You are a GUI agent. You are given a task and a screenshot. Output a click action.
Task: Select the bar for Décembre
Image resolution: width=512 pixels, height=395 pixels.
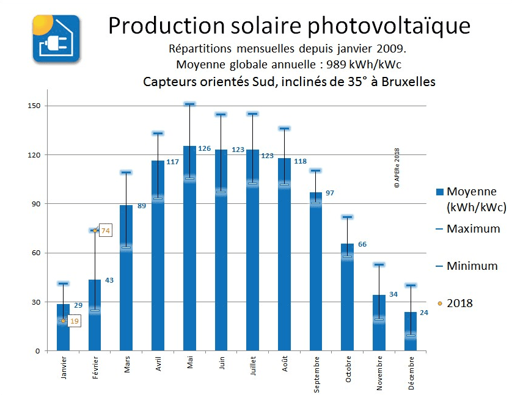pos(410,333)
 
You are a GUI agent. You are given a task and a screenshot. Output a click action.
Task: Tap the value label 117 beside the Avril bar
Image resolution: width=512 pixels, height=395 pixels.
pos(173,162)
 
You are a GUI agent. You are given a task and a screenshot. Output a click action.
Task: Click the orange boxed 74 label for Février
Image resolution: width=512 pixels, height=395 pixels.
pos(105,231)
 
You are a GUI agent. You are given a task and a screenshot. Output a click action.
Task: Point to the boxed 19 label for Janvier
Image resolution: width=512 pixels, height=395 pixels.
pos(73,321)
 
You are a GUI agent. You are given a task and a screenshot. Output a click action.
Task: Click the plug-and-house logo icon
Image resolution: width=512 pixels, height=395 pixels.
pos(56,38)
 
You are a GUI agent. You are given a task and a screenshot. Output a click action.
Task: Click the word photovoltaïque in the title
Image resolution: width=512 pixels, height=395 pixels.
pos(388,26)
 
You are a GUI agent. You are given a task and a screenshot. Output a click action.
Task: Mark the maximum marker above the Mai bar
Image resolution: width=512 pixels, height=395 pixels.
pos(189,104)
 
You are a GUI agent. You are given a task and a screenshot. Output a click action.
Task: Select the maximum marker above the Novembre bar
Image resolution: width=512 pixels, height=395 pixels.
pos(379,264)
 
